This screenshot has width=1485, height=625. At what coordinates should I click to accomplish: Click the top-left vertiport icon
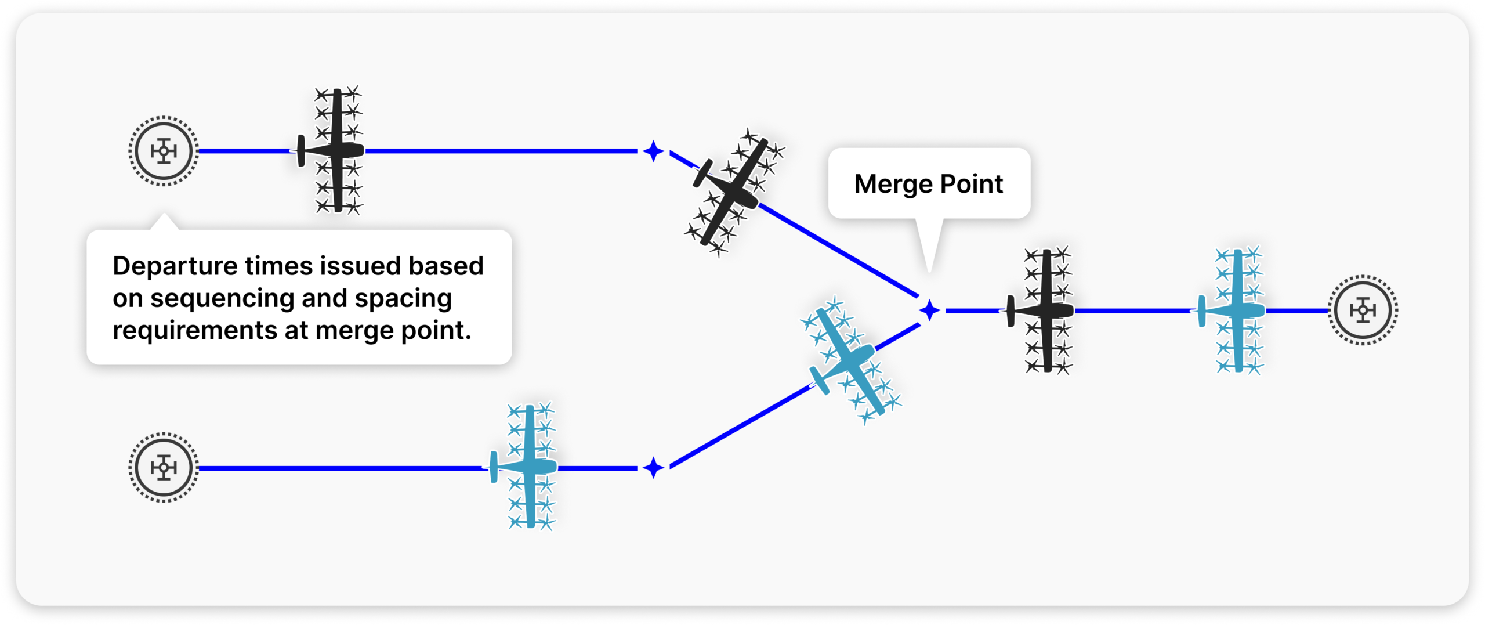tap(164, 151)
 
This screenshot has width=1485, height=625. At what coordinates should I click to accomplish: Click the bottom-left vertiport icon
tap(164, 467)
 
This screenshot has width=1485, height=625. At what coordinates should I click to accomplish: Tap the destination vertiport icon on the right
tap(1363, 310)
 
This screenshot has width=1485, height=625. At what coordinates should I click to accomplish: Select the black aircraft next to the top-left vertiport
tap(334, 150)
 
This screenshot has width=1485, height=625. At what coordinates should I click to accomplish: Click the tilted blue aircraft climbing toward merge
tap(850, 360)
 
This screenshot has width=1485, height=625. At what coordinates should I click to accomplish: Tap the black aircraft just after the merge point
tap(1044, 310)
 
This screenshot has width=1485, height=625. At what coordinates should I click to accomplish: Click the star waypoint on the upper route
tap(654, 151)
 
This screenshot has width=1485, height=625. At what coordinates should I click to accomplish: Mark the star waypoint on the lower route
tap(654, 467)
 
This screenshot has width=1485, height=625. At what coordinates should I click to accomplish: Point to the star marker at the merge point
tap(929, 310)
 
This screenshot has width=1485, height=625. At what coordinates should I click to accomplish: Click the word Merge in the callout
tap(893, 185)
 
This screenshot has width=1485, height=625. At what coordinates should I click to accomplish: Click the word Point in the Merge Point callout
tap(972, 185)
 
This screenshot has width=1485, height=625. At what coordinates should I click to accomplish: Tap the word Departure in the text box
tap(175, 266)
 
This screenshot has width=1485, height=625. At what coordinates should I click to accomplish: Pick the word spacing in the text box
tap(403, 298)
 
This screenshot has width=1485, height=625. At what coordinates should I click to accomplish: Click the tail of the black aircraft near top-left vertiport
tap(301, 151)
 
